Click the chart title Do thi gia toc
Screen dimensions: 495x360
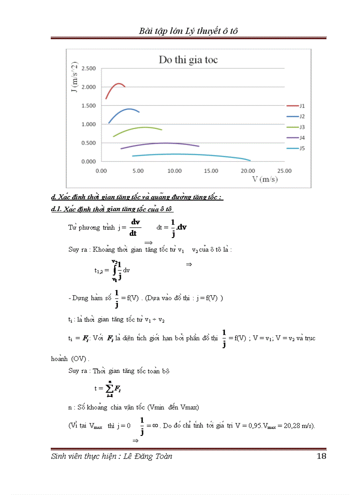188,60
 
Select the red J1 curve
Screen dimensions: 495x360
118,83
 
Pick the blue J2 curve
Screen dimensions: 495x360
129,108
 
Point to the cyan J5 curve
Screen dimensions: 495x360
176,154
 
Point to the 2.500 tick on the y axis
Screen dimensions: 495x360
88,68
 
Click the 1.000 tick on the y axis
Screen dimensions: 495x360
88,124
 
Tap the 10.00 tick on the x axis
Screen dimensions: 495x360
175,171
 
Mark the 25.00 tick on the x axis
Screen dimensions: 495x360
285,171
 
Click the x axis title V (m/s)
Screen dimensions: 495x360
265,179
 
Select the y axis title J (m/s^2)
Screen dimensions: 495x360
75,77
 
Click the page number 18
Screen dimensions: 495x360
321,456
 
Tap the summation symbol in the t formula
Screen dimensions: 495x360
107,388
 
